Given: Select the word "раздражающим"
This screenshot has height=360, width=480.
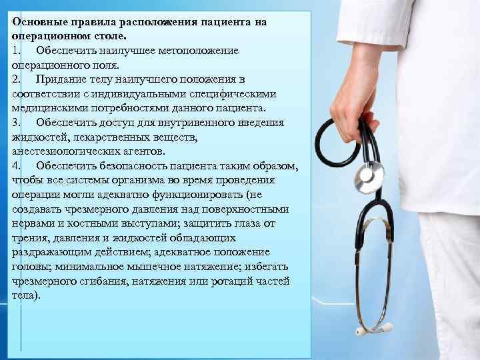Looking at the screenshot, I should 47,252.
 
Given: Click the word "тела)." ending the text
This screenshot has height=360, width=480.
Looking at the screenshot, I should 27,295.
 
